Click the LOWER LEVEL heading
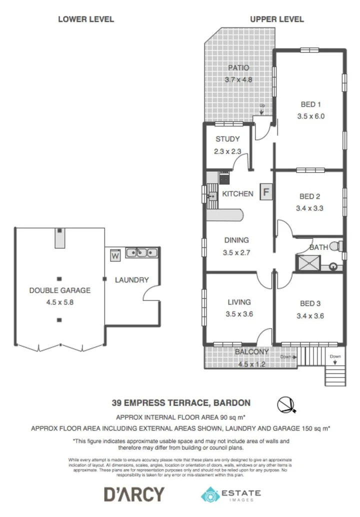[x=86, y=19]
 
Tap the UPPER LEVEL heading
[x=276, y=19]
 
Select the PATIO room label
[x=238, y=68]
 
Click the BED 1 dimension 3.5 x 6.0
[x=310, y=116]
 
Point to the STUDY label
[x=227, y=139]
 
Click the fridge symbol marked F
[x=266, y=192]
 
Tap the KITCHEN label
[x=237, y=193]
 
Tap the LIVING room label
[x=238, y=302]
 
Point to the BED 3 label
[x=310, y=303]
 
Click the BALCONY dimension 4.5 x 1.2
[x=251, y=363]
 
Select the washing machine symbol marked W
[x=115, y=255]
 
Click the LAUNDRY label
[x=131, y=280]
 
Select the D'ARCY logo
[x=133, y=494]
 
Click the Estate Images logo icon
[x=210, y=494]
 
